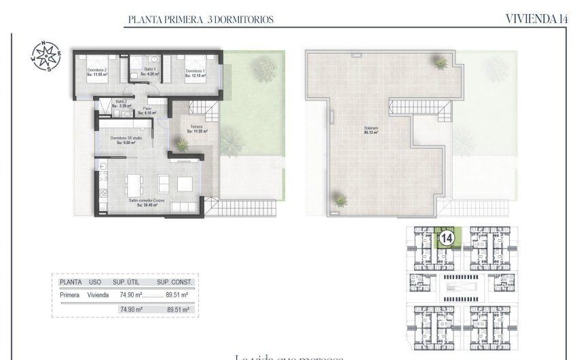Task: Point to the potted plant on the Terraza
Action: [x=181, y=144]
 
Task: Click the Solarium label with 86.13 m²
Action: [x=370, y=130]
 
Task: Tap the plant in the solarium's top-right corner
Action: [x=441, y=63]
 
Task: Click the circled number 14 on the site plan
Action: [x=446, y=238]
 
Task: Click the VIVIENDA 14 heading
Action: [x=536, y=19]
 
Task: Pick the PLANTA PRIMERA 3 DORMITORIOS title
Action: [x=201, y=20]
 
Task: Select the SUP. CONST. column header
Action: [x=175, y=282]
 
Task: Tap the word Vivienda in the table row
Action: [x=98, y=295]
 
